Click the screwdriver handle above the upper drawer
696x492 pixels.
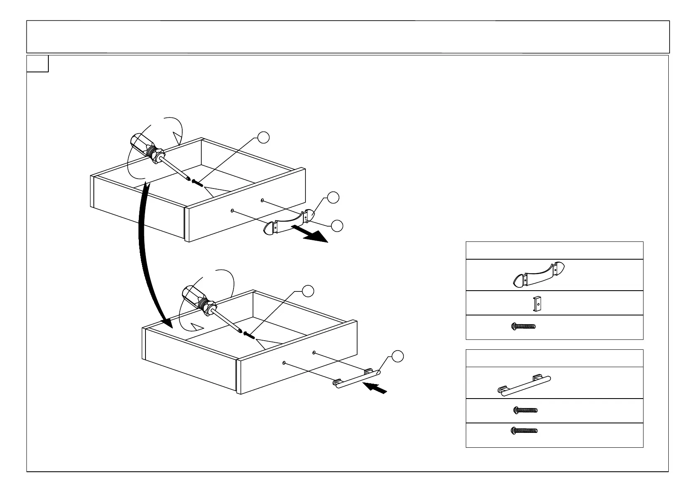[143, 146]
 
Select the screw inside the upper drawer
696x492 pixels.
[198, 182]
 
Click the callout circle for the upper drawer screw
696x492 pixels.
[263, 138]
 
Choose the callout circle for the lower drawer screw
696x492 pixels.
[308, 291]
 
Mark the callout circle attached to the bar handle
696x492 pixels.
[398, 356]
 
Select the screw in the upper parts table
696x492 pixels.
[524, 326]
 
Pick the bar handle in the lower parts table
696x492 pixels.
[524, 385]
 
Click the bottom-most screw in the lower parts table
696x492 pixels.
[524, 430]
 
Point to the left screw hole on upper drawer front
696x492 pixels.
[233, 211]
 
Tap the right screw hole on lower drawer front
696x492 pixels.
[315, 353]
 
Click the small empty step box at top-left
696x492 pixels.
[38, 64]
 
